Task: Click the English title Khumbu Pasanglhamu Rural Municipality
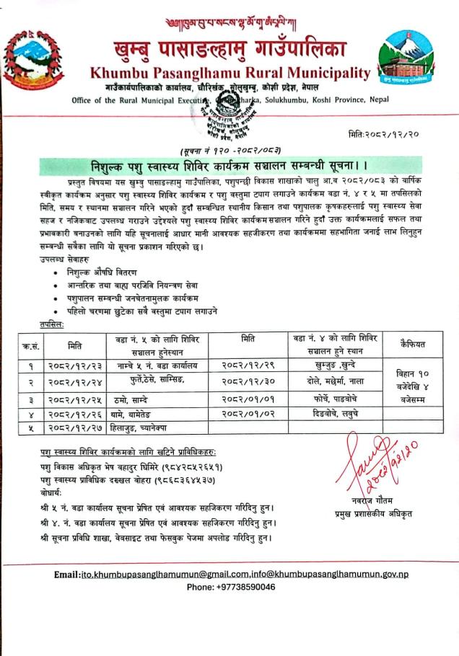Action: (229, 73)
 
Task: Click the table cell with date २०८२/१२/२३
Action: (75, 365)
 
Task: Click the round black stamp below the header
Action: (231, 112)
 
